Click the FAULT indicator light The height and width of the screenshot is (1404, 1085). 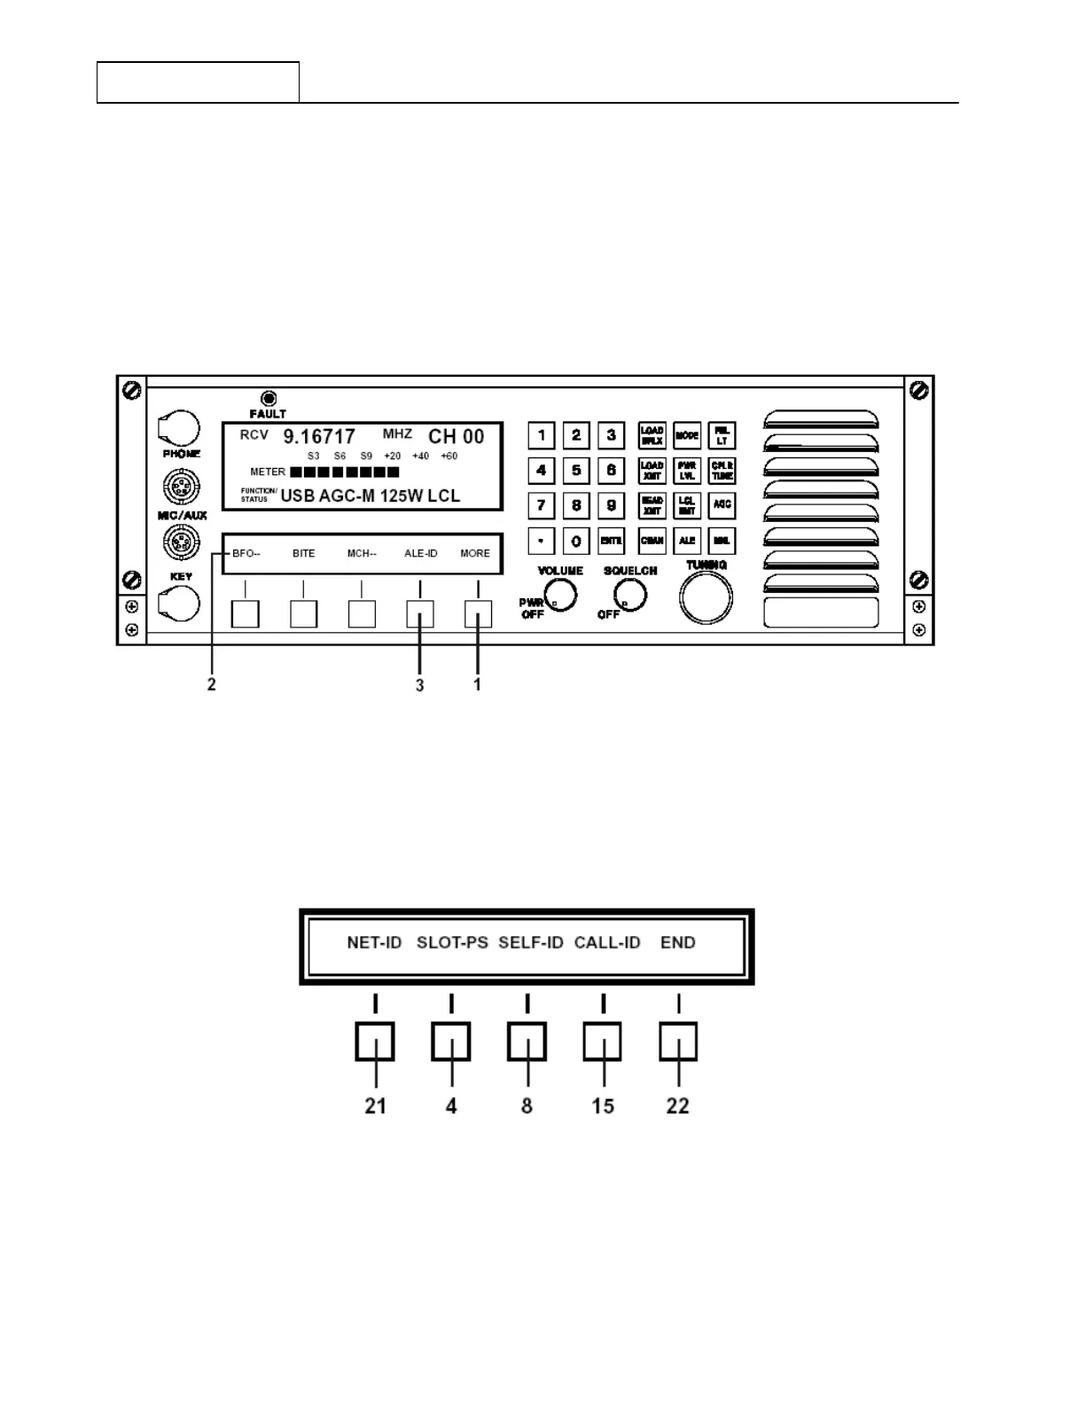pyautogui.click(x=268, y=399)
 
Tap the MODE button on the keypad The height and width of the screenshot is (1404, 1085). pyautogui.click(x=687, y=435)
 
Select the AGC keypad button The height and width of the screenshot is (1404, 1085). pyautogui.click(x=722, y=505)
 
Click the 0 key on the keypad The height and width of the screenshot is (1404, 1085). pyautogui.click(x=576, y=541)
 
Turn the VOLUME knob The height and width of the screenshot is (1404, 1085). pyautogui.click(x=560, y=596)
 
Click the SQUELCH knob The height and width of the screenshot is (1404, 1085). pyautogui.click(x=629, y=597)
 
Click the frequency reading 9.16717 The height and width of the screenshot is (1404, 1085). pyautogui.click(x=319, y=437)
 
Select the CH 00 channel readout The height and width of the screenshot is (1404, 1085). pyautogui.click(x=457, y=437)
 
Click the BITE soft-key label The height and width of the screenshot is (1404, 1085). pyautogui.click(x=303, y=554)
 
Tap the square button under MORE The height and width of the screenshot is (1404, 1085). pyautogui.click(x=478, y=613)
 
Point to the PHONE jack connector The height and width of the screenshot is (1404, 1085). pyautogui.click(x=180, y=429)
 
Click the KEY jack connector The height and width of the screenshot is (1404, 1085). pyautogui.click(x=180, y=604)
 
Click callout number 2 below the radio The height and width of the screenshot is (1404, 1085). pyautogui.click(x=212, y=685)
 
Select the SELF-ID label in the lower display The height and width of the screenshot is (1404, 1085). pyautogui.click(x=530, y=943)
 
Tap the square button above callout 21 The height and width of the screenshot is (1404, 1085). pyautogui.click(x=375, y=1041)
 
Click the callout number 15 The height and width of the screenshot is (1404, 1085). pyautogui.click(x=603, y=1106)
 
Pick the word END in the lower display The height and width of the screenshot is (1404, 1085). pyautogui.click(x=678, y=943)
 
